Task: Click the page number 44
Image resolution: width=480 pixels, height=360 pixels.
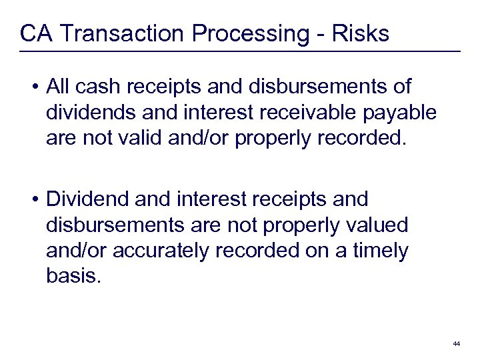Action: (456, 343)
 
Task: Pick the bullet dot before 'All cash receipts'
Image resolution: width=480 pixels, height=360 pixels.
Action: (34, 87)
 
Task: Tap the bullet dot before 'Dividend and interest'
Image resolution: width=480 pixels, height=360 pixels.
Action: (34, 199)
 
